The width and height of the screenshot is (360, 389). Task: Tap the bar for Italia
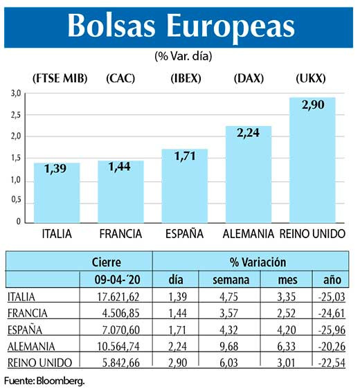tap(57, 194)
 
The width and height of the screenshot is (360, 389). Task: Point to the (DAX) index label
tap(249, 78)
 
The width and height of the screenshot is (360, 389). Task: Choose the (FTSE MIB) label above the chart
tap(60, 78)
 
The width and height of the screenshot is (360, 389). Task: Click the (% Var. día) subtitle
tap(180, 55)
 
